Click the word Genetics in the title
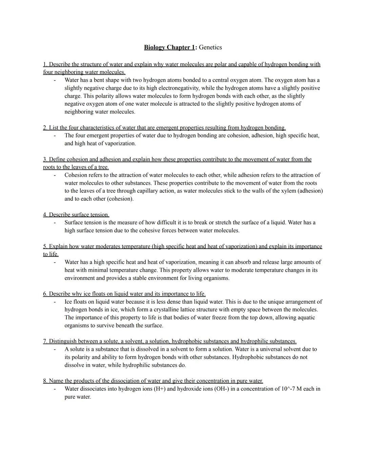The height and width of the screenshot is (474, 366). [x=210, y=47]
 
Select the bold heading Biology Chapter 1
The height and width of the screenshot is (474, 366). [x=169, y=47]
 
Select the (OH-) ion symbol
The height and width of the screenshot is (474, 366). [x=221, y=389]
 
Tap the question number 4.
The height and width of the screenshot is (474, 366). [x=45, y=215]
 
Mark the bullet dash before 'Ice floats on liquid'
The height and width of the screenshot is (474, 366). [x=54, y=302]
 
